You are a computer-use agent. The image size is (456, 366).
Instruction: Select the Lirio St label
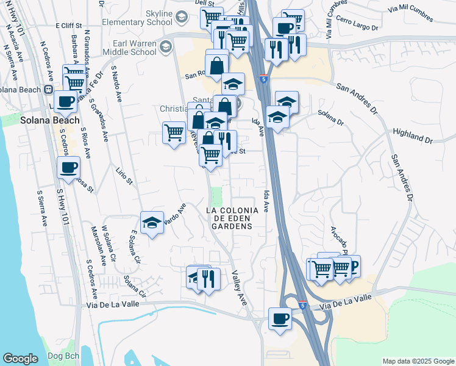124,174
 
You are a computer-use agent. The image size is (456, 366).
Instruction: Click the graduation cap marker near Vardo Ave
152,223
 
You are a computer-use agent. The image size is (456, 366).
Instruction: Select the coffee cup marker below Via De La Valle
280,319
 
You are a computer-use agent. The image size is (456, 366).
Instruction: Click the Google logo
21,358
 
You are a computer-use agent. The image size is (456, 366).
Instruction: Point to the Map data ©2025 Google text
418,361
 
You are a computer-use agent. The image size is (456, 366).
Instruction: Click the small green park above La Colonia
216,196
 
